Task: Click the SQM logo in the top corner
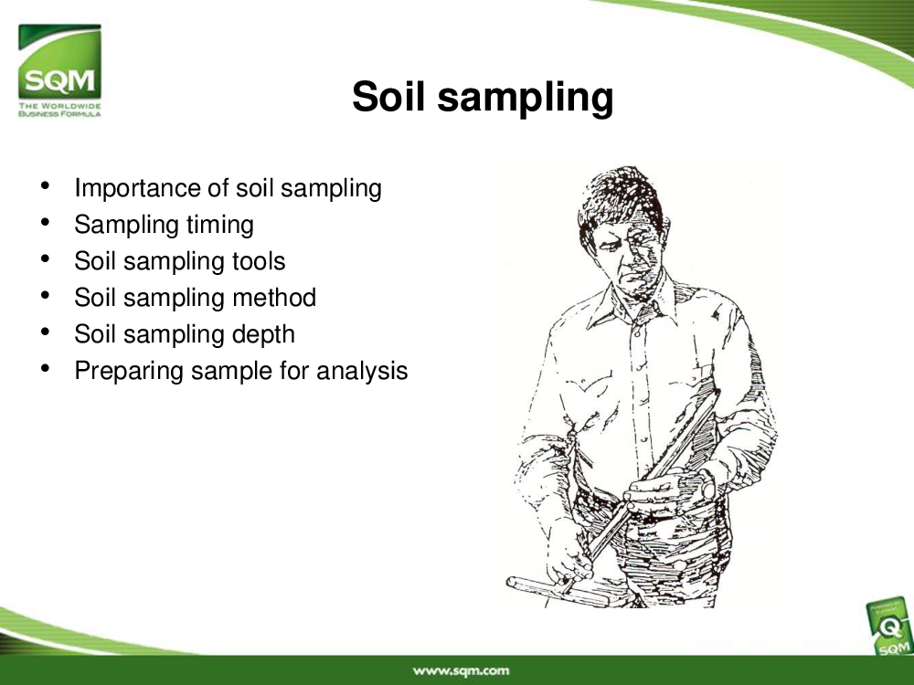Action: tap(59, 70)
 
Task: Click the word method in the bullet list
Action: tap(274, 298)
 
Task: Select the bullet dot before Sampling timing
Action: tap(45, 223)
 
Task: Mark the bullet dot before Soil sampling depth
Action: tap(45, 332)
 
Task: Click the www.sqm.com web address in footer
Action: tap(461, 671)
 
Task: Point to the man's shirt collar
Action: tap(635, 304)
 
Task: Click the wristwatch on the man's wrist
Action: tap(707, 484)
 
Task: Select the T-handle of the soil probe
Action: tap(557, 590)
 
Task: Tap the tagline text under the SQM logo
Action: tap(59, 110)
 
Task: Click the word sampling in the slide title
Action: tap(526, 98)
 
